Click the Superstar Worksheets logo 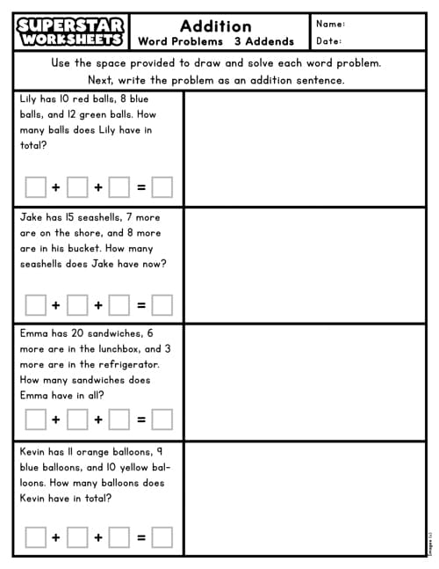[71, 33]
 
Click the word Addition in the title [215, 26]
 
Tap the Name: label [330, 24]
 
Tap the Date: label [328, 40]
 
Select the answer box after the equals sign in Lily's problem [162, 187]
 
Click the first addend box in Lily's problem [35, 187]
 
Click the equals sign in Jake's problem [140, 305]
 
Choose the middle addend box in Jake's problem [77, 305]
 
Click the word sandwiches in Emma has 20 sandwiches [102, 333]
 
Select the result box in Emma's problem [162, 419]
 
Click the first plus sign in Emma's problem [56, 419]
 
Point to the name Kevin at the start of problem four [33, 451]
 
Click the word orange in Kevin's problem [97, 451]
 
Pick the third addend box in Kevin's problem [119, 536]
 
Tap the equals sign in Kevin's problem [140, 536]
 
